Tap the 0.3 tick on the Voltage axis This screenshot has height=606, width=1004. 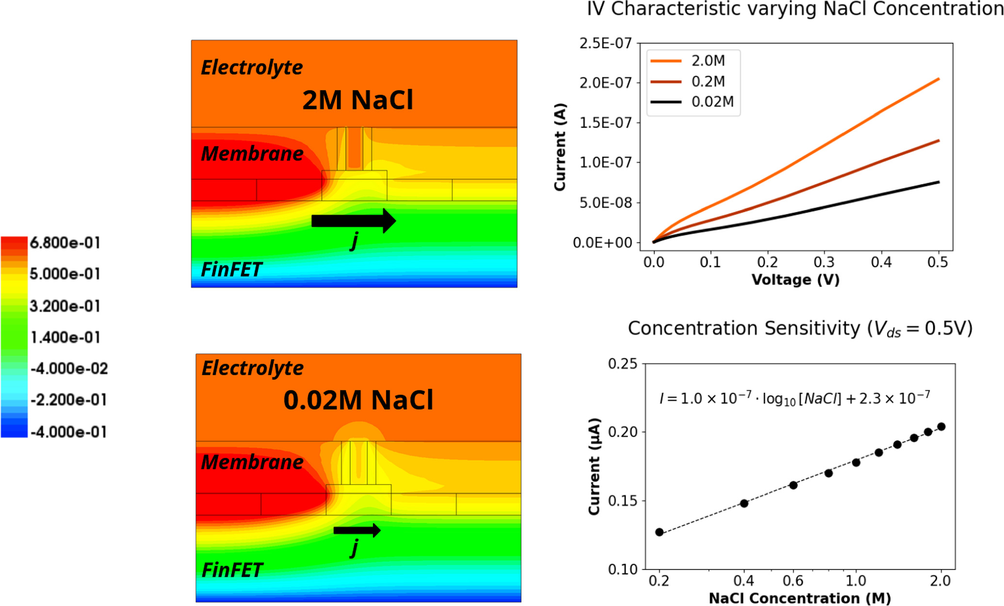click(x=824, y=263)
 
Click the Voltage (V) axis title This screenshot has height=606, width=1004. click(x=795, y=280)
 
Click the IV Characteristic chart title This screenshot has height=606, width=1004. click(x=794, y=10)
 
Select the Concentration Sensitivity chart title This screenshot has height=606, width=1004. click(x=800, y=329)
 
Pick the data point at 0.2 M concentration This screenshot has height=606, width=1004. click(x=659, y=532)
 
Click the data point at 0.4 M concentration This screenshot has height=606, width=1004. click(x=744, y=504)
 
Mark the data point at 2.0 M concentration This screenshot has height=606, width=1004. click(x=941, y=427)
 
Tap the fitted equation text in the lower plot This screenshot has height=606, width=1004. click(x=794, y=399)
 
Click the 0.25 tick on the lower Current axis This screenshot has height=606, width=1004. click(x=623, y=364)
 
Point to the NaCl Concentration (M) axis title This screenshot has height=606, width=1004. click(x=799, y=598)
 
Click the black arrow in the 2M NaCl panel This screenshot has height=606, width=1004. click(x=354, y=221)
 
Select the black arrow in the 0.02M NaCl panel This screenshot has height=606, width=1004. click(x=357, y=530)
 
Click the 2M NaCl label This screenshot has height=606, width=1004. click(x=357, y=100)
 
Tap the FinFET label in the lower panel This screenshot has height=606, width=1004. click(x=232, y=570)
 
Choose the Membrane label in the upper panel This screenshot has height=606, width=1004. click(x=252, y=153)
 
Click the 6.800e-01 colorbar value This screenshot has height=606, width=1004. click(x=65, y=243)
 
